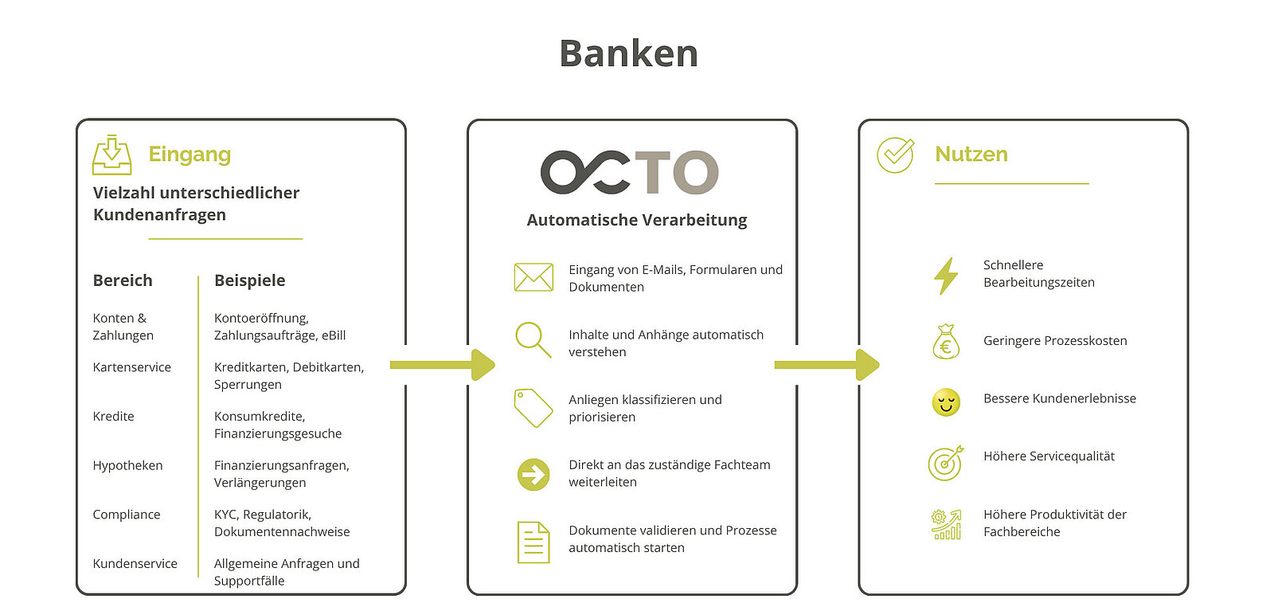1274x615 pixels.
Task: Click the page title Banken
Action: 628,53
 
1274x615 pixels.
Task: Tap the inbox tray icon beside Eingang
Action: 112,155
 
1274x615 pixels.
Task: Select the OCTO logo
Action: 630,172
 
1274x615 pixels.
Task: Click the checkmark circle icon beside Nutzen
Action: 895,155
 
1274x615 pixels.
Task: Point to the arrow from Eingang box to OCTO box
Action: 443,365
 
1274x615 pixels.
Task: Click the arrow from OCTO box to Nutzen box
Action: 827,365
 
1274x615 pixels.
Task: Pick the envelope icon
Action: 533,277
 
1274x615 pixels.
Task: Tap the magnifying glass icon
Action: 533,339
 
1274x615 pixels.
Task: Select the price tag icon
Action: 533,408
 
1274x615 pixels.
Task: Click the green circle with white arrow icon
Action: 533,475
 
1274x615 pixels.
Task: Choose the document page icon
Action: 533,543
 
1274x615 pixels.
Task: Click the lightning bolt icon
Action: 946,276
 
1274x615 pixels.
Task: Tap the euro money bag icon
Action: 946,341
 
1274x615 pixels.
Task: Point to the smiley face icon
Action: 946,402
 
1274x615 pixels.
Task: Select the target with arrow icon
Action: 946,463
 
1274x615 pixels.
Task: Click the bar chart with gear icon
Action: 946,524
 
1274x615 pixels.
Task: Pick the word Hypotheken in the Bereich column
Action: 127,466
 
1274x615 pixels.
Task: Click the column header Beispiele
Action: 250,280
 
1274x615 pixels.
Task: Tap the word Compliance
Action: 127,515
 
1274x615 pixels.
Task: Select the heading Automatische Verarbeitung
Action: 636,220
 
